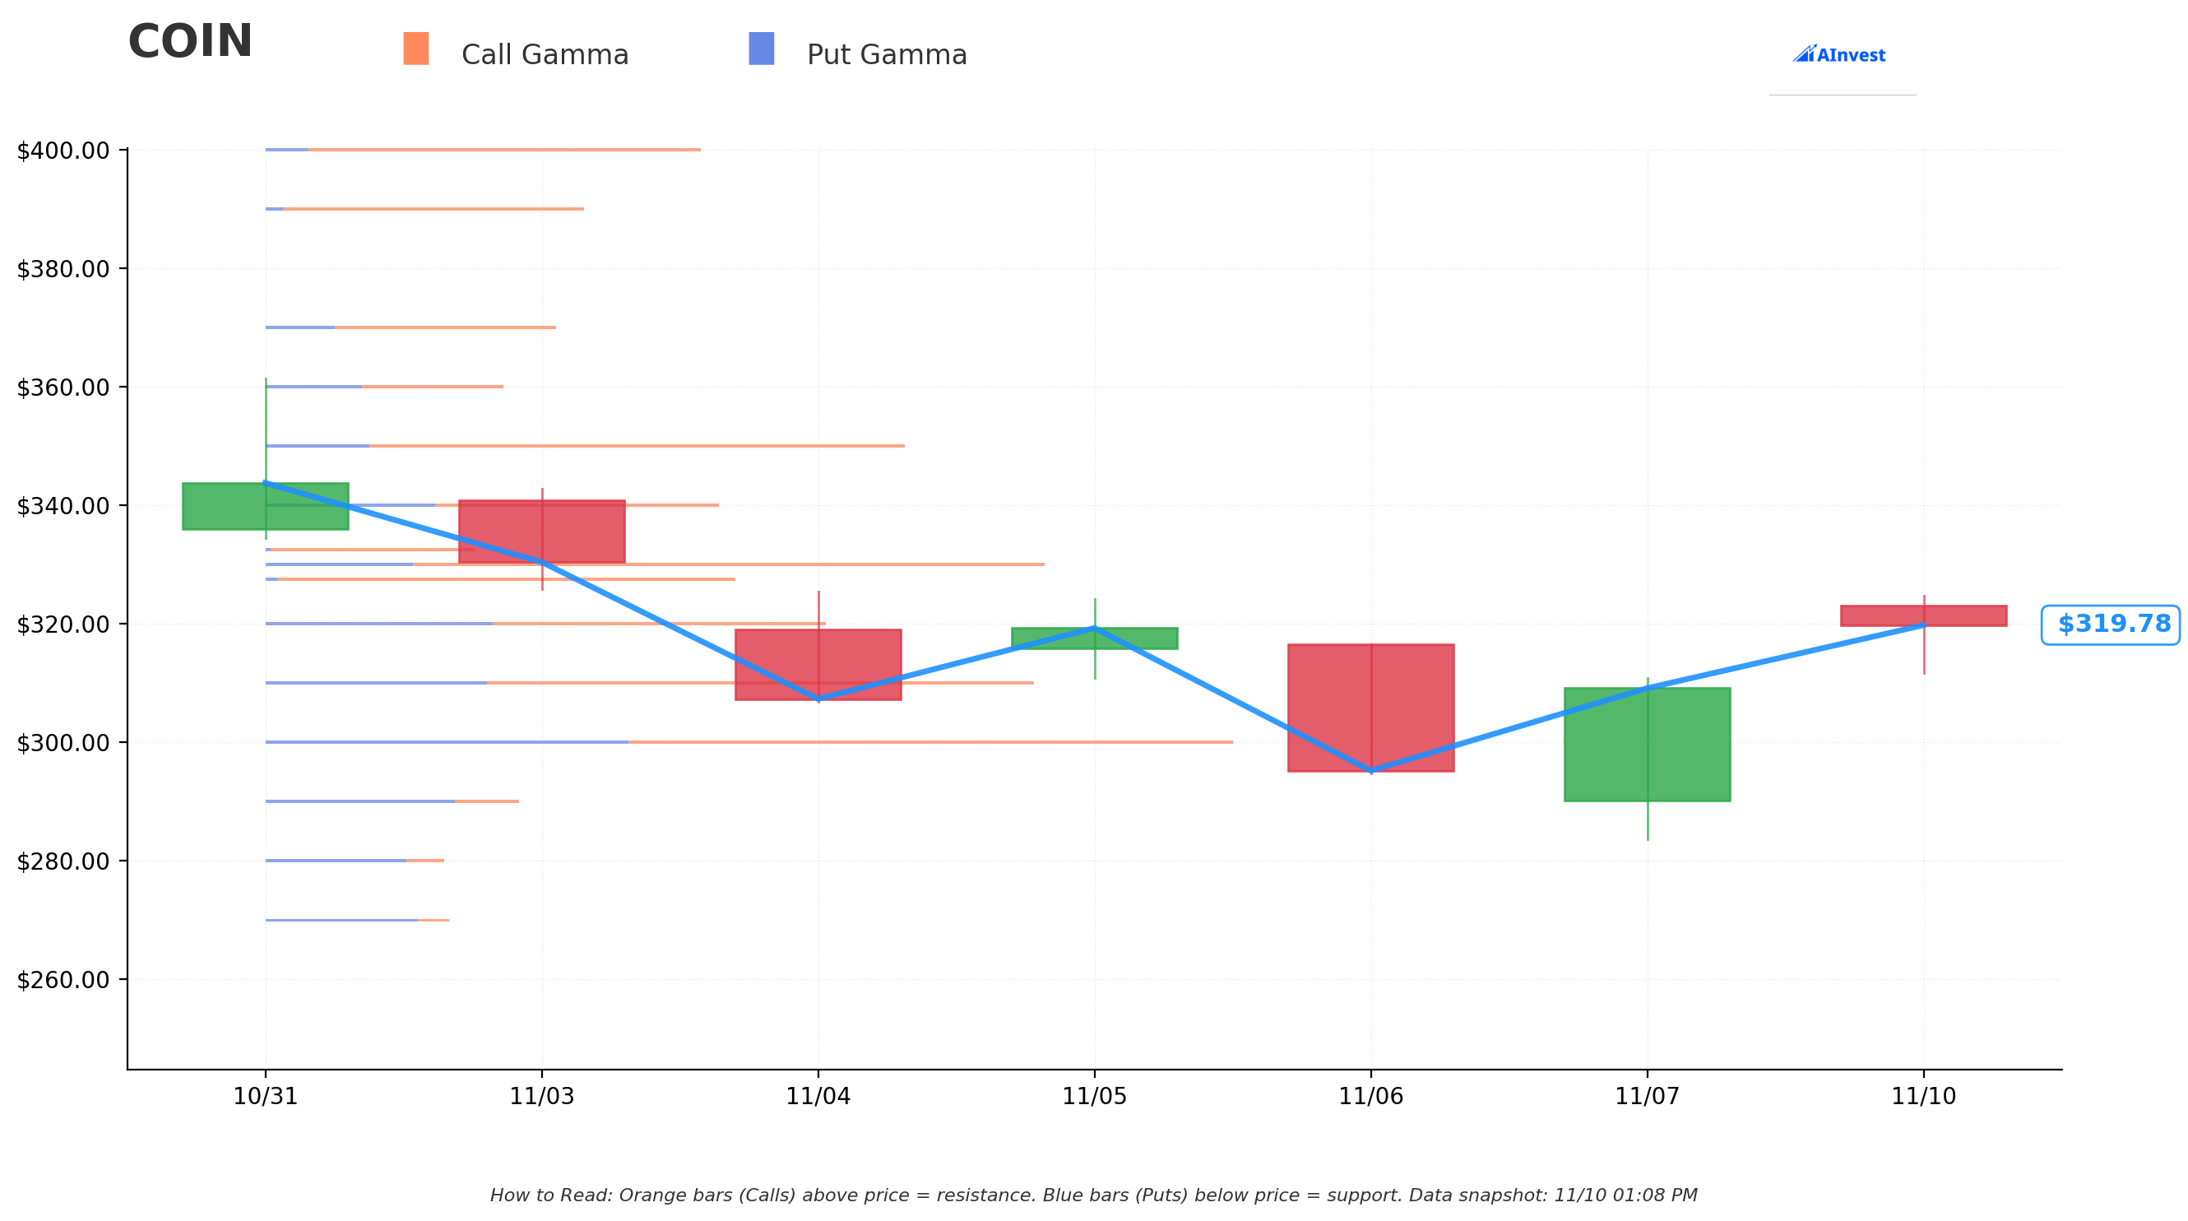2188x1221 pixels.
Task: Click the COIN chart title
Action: point(190,42)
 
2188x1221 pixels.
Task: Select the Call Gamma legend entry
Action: point(516,51)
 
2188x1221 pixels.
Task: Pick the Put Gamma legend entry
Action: point(858,51)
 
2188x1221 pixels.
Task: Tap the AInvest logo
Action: point(1839,54)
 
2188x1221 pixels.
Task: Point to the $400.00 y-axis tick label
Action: point(63,151)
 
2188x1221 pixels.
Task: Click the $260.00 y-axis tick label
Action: point(63,980)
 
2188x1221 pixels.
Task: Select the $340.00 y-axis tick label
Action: point(63,505)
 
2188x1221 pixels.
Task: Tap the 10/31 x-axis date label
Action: point(266,1096)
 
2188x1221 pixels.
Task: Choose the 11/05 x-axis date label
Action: point(1095,1096)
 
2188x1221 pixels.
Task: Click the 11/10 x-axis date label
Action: point(1924,1096)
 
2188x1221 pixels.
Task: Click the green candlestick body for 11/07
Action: point(1648,745)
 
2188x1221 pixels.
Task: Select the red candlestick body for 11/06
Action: point(1371,708)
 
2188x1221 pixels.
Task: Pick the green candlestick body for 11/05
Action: point(1095,638)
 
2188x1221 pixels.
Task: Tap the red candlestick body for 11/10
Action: point(1924,616)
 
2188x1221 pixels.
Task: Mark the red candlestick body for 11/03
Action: point(542,531)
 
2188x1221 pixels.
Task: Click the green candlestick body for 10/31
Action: point(266,506)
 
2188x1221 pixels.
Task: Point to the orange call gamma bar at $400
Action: point(504,150)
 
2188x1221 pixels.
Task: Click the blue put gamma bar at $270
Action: point(341,920)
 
